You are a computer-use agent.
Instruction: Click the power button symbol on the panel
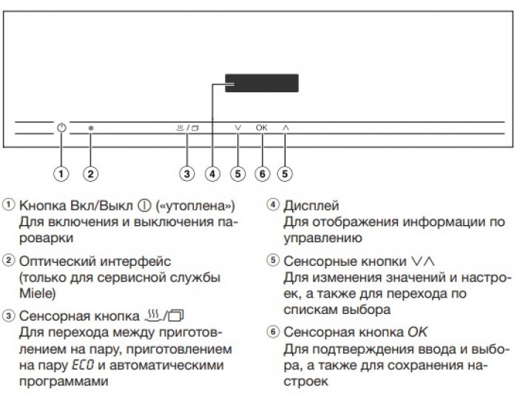pyautogui.click(x=61, y=128)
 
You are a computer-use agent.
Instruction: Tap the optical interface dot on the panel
pyautogui.click(x=91, y=128)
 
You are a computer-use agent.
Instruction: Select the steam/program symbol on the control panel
pyautogui.click(x=188, y=128)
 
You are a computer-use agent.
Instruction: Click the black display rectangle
pyautogui.click(x=262, y=83)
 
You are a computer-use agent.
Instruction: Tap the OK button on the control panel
pyautogui.click(x=262, y=128)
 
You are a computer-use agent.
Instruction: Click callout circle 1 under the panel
pyautogui.click(x=61, y=174)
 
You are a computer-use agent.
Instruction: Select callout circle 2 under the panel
pyautogui.click(x=91, y=174)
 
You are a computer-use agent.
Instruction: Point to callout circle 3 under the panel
pyautogui.click(x=187, y=174)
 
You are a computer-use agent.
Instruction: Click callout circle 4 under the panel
pyautogui.click(x=213, y=174)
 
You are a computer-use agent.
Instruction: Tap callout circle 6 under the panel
pyautogui.click(x=263, y=174)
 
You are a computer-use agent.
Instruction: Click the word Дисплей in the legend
pyautogui.click(x=311, y=206)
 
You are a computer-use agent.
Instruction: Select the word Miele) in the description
pyautogui.click(x=38, y=293)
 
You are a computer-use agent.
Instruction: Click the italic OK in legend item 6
pyautogui.click(x=417, y=332)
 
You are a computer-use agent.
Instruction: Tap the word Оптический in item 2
pyautogui.click(x=58, y=261)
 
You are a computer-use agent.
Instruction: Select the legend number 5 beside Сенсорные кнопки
pyautogui.click(x=273, y=260)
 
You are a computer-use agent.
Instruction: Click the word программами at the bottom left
pyautogui.click(x=64, y=382)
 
